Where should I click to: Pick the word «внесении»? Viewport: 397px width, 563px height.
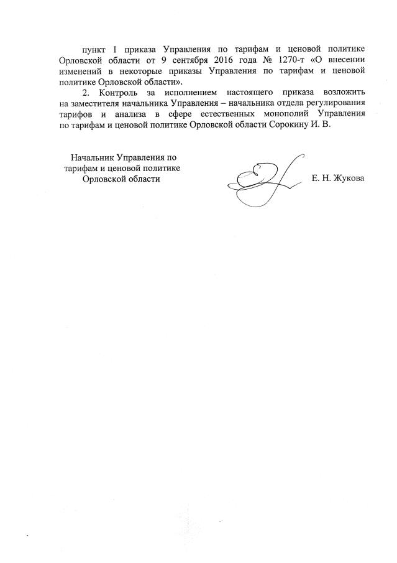click(x=348, y=60)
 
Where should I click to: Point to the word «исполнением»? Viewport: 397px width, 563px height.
click(x=189, y=91)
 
